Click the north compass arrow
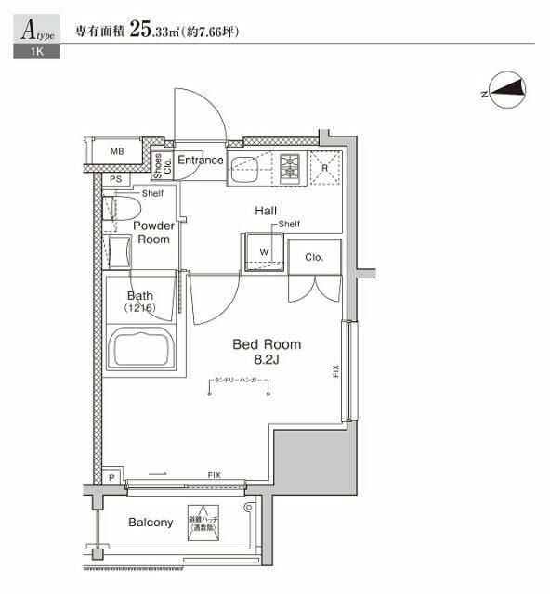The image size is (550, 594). click(x=503, y=90)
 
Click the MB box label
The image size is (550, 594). click(x=118, y=151)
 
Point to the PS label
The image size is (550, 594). click(x=115, y=179)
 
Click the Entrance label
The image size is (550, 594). click(x=201, y=160)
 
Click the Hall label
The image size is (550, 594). click(x=267, y=211)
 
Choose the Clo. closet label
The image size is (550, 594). click(x=313, y=257)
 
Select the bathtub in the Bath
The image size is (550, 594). click(x=142, y=348)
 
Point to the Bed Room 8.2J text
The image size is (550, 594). click(x=267, y=352)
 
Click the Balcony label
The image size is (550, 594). click(x=150, y=523)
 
